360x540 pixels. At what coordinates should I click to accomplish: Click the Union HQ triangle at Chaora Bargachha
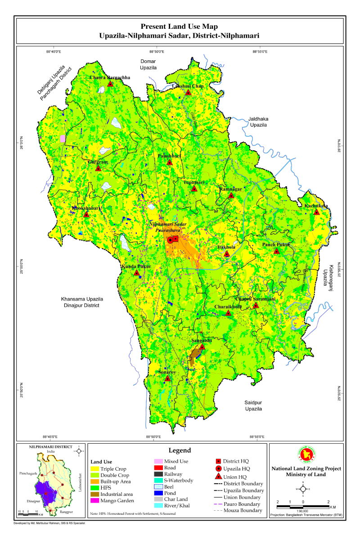click(x=110, y=84)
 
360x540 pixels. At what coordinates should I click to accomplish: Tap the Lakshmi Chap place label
click(x=188, y=85)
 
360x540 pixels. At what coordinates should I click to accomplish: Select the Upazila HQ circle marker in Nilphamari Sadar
click(x=171, y=240)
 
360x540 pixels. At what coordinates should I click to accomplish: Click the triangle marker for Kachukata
click(x=317, y=212)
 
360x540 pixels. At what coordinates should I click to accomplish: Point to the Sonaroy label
click(x=166, y=373)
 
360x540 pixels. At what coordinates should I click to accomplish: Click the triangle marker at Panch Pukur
click(x=277, y=251)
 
